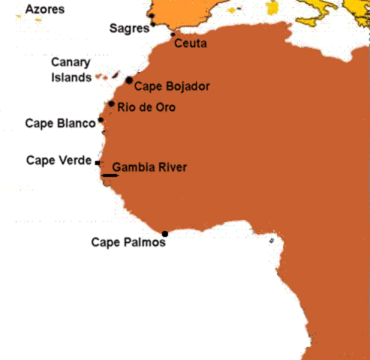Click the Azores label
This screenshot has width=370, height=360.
tap(44, 10)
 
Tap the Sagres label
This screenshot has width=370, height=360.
tap(128, 28)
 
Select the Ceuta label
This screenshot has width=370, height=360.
tap(190, 44)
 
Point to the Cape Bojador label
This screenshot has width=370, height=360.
tap(172, 85)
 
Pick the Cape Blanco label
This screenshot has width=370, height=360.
tap(60, 123)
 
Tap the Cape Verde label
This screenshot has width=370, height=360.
tap(59, 160)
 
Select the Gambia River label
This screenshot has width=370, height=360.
tap(149, 167)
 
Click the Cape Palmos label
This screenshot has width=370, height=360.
tap(128, 242)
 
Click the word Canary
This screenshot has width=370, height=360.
tap(71, 63)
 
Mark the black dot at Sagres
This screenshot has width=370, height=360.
tap(153, 23)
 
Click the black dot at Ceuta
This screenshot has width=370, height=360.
tap(173, 34)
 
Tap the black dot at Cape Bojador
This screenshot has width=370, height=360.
tap(130, 79)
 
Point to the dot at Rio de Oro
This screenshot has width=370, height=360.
tap(111, 104)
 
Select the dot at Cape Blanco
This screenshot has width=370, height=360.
tap(101, 120)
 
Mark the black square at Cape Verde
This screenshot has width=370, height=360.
tap(98, 162)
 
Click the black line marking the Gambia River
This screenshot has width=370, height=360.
tap(110, 175)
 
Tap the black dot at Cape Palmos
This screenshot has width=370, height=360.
tap(165, 234)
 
